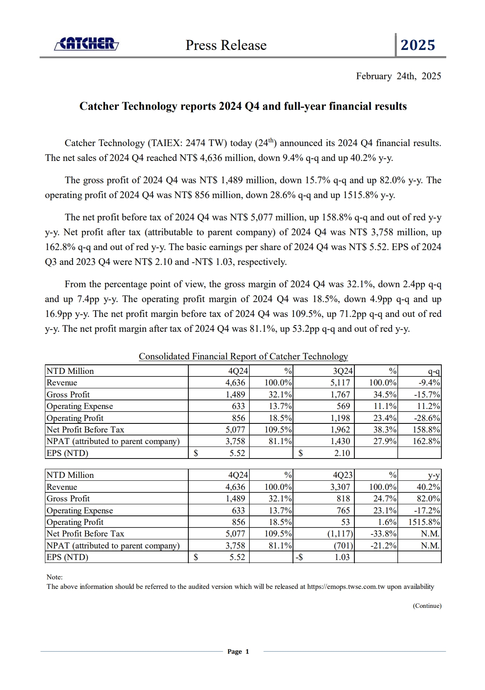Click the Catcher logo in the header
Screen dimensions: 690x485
point(87,44)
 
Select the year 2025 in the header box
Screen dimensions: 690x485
point(417,45)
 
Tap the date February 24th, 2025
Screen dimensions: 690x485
point(398,76)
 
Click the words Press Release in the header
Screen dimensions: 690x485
point(226,45)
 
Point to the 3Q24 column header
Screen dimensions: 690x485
point(342,371)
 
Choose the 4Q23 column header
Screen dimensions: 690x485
point(342,475)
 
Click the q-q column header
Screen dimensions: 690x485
point(434,371)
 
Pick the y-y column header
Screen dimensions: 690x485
point(434,475)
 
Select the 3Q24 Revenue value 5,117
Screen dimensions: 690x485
point(340,383)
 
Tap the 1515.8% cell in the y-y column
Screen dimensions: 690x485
point(424,522)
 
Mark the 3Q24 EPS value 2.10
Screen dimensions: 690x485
point(342,453)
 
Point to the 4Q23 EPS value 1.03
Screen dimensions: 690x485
point(342,557)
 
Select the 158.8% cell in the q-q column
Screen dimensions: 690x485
point(426,430)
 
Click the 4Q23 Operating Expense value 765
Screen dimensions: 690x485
point(343,510)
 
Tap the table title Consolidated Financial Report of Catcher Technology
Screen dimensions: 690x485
point(243,357)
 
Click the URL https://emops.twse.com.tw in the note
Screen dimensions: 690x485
point(346,586)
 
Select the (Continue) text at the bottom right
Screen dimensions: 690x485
point(427,606)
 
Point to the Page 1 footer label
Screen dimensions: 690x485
point(238,652)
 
